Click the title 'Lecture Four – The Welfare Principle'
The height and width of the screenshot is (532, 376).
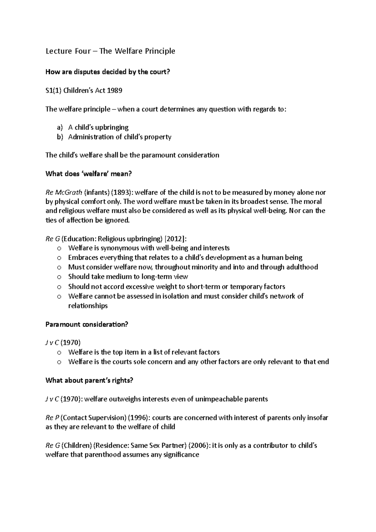pyautogui.click(x=110, y=51)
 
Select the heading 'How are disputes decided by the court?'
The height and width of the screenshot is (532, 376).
pyautogui.click(x=107, y=72)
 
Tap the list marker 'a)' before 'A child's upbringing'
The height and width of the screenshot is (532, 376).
pyautogui.click(x=60, y=128)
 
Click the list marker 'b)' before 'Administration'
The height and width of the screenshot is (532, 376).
pyautogui.click(x=60, y=137)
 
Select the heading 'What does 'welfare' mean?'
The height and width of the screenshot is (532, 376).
pyautogui.click(x=89, y=174)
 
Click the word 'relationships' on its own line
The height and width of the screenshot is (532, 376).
pyautogui.click(x=88, y=306)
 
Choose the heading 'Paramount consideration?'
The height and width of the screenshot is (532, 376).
pyautogui.click(x=87, y=324)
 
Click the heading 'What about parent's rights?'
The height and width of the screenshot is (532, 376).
pyautogui.click(x=89, y=380)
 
